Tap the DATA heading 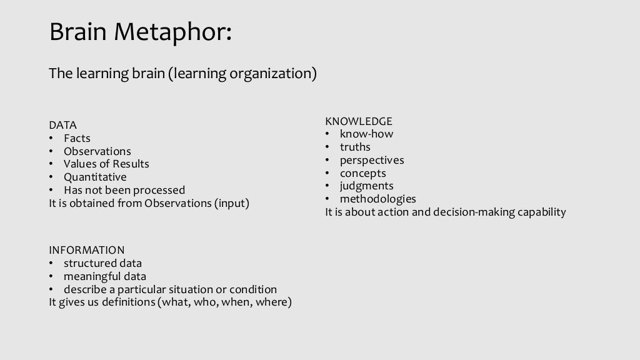tap(62, 125)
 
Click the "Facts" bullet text tap(77, 138)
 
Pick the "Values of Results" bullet tap(106, 164)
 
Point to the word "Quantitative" tap(95, 177)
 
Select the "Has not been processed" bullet tap(124, 190)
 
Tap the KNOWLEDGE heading tap(359, 121)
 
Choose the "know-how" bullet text tap(366, 134)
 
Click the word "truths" tap(355, 147)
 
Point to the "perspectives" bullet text tap(372, 160)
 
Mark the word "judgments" tap(366, 186)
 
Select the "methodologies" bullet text tap(377, 199)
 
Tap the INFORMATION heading tap(87, 250)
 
